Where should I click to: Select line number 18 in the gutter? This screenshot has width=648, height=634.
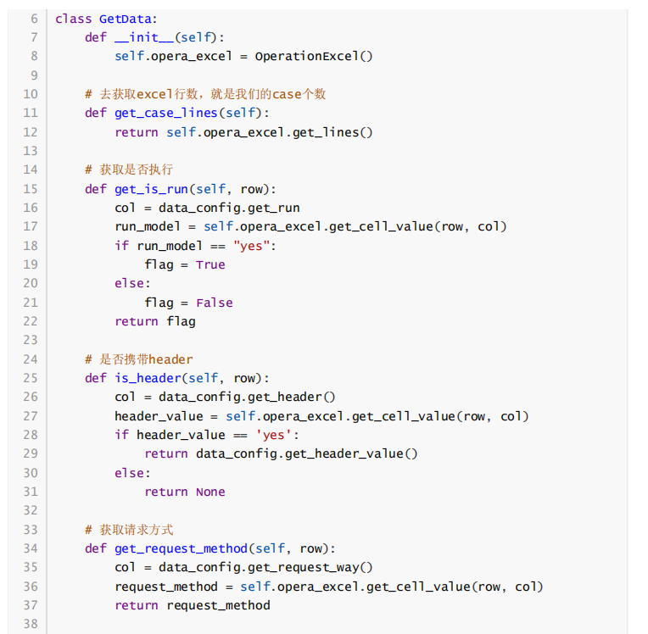pyautogui.click(x=31, y=246)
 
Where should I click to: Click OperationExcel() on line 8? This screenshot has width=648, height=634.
pyautogui.click(x=314, y=56)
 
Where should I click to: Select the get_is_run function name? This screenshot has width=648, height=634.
pyautogui.click(x=152, y=189)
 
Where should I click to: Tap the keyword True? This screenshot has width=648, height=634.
pyautogui.click(x=210, y=264)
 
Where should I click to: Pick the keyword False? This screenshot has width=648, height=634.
pyautogui.click(x=215, y=303)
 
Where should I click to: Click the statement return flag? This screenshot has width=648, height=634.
pyautogui.click(x=155, y=321)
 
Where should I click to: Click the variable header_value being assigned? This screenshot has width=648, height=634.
pyautogui.click(x=159, y=416)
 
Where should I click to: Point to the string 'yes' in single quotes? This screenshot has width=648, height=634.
pyautogui.click(x=274, y=435)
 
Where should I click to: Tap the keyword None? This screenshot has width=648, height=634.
pyautogui.click(x=210, y=492)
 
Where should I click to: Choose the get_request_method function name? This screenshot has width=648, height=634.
pyautogui.click(x=182, y=548)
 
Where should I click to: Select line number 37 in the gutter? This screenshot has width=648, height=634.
pyautogui.click(x=31, y=605)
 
